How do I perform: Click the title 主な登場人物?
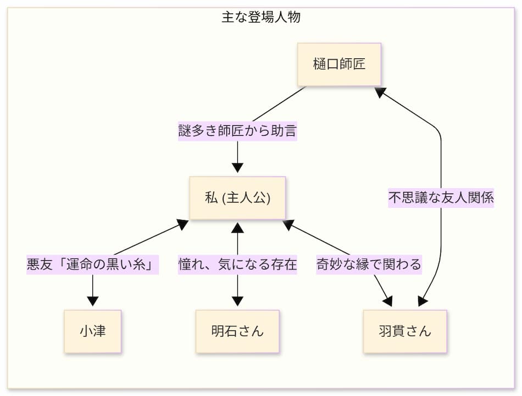(x=261, y=17)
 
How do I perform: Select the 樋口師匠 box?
(x=339, y=64)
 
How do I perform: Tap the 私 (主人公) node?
(x=237, y=198)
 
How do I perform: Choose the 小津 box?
(x=92, y=331)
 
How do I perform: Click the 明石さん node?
(x=237, y=331)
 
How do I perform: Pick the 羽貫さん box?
(x=405, y=331)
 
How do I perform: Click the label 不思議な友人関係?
(x=441, y=198)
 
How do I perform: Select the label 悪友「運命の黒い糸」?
(x=92, y=265)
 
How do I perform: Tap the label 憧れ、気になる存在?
(x=237, y=265)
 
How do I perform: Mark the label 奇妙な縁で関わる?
(x=369, y=265)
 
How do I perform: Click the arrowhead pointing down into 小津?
(x=92, y=301)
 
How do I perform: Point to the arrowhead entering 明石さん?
(x=237, y=301)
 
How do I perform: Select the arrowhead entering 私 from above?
(x=237, y=168)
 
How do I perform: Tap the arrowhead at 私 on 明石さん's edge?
(x=237, y=228)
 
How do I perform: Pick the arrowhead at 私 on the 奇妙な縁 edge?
(x=288, y=224)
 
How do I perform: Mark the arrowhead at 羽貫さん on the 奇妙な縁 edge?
(x=387, y=301)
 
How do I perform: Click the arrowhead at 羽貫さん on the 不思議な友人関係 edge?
(x=423, y=301)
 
